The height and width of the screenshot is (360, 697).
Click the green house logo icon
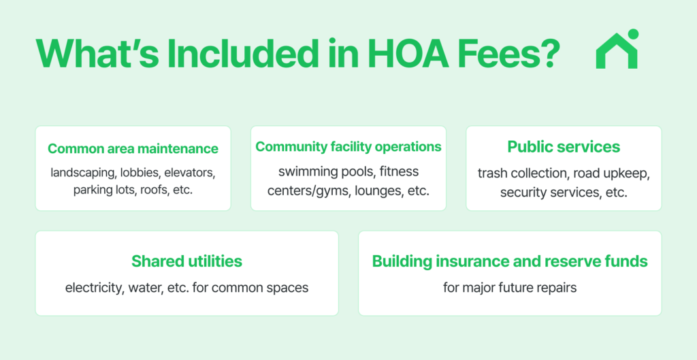click(617, 49)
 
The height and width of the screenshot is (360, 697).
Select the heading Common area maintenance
click(133, 148)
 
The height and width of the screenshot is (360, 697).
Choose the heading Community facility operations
click(348, 147)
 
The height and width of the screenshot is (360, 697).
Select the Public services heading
click(564, 147)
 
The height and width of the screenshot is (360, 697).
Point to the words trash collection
click(523, 174)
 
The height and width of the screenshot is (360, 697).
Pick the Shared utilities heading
click(187, 261)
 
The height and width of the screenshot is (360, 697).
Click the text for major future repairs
click(510, 288)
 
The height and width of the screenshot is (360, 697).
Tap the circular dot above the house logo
click(633, 34)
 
